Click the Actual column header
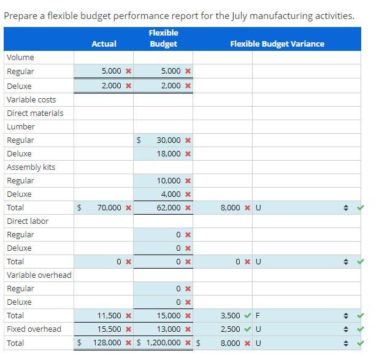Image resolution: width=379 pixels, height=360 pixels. click(104, 44)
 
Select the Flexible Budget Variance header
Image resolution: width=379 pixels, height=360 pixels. click(277, 44)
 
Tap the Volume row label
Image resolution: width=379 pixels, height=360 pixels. click(20, 57)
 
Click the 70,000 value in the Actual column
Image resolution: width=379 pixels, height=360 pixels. click(110, 208)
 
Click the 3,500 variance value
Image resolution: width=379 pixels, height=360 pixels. click(230, 316)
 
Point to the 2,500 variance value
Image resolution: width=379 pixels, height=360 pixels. click(230, 329)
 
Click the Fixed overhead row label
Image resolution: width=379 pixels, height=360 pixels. click(34, 329)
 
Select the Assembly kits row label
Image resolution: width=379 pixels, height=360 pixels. click(31, 167)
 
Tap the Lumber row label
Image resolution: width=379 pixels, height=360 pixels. click(21, 126)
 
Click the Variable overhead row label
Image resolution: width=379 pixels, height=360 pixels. click(39, 275)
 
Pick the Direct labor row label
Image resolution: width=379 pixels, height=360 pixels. click(28, 221)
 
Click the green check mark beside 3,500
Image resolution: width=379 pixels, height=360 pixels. click(248, 316)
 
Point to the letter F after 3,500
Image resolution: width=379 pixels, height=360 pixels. click(258, 316)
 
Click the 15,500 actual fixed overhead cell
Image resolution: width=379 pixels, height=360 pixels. click(110, 329)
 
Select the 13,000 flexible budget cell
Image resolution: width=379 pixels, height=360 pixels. click(169, 329)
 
